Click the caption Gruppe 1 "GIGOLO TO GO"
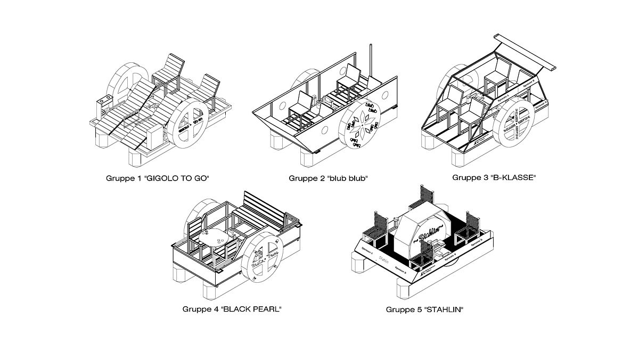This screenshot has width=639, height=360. click(x=158, y=178)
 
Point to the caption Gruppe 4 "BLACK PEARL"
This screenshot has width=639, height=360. click(x=232, y=308)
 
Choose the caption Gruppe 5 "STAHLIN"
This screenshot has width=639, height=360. click(x=424, y=308)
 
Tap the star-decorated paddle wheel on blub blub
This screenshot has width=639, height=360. click(x=361, y=126)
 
